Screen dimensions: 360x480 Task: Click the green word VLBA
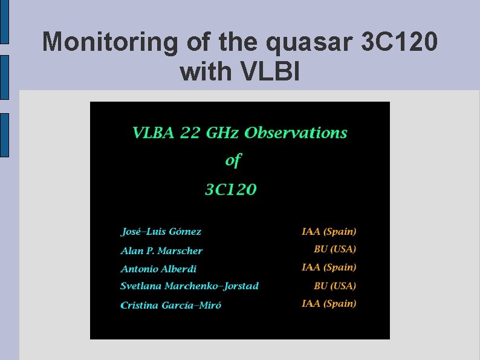[154, 133]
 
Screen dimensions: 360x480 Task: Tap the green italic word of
[233, 160]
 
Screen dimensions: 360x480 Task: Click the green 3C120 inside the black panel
[230, 189]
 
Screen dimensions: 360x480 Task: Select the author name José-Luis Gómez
[161, 232]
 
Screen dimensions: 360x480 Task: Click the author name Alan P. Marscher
[161, 250]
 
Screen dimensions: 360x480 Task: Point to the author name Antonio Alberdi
[158, 269]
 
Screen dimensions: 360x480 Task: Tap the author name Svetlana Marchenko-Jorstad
[189, 286]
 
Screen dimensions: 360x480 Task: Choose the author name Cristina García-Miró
[171, 305]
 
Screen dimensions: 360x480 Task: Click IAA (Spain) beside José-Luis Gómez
[329, 231]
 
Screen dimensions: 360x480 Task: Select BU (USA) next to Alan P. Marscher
[335, 249]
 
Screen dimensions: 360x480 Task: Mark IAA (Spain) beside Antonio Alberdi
[329, 267]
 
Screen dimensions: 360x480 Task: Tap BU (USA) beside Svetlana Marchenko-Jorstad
[335, 286]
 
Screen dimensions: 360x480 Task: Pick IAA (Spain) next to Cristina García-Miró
[329, 303]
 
